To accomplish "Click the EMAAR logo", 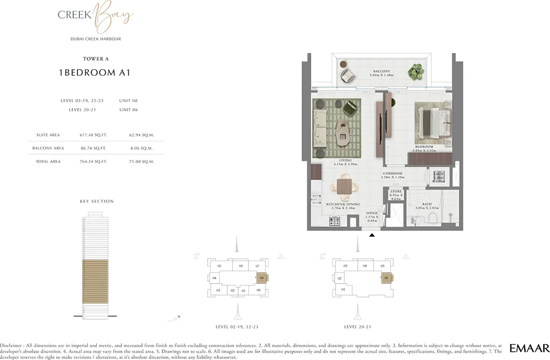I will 529,348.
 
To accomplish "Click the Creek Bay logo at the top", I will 96,17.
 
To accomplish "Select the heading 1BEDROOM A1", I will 95,73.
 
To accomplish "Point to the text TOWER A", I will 96,59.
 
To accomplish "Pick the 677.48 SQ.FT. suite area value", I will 93,135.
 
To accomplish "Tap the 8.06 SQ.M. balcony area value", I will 141,149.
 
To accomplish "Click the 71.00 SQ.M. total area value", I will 141,162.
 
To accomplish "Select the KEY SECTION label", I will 96,201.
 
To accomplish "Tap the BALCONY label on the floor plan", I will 381,71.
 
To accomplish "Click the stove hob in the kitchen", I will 335,221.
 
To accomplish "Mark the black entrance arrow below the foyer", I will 372,235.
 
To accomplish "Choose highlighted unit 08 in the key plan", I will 262,279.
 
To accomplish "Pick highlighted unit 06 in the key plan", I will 386,278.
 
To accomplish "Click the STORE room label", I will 396,191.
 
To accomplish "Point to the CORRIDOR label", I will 393,174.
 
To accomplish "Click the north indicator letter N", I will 178,316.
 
